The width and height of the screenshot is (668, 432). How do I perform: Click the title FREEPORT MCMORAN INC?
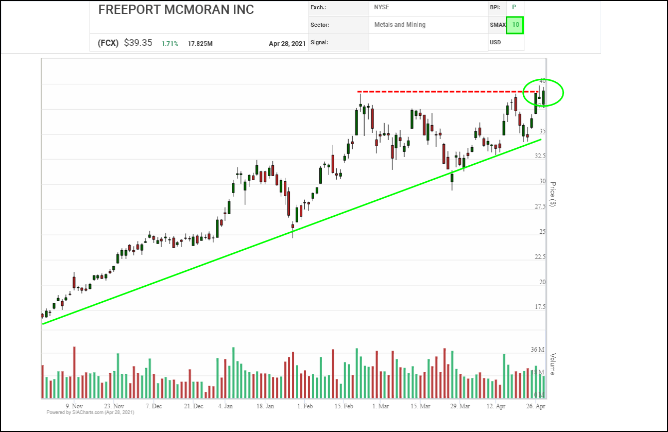tap(176, 10)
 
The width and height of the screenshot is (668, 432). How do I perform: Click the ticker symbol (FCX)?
tap(108, 43)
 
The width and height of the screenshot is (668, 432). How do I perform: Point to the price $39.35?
tap(138, 43)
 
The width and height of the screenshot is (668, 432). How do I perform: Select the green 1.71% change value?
tap(169, 44)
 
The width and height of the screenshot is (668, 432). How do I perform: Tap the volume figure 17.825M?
tap(200, 44)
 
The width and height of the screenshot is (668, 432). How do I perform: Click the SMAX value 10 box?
tap(515, 25)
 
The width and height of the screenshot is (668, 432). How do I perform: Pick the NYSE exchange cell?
tap(382, 8)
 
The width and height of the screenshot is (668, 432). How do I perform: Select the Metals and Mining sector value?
tap(400, 25)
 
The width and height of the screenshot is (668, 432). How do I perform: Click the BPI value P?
tap(513, 8)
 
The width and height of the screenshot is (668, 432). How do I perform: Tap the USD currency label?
tap(495, 42)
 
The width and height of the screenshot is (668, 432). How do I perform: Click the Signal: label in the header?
tap(319, 42)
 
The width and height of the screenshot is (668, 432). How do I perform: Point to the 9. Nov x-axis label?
tap(74, 406)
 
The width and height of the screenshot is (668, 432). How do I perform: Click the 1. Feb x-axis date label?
tap(304, 406)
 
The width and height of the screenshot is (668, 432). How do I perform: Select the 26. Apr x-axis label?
tap(536, 406)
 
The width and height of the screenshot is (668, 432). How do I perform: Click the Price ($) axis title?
tap(553, 194)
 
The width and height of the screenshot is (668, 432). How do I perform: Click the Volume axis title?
tap(553, 364)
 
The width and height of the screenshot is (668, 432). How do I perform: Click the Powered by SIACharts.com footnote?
tap(90, 412)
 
